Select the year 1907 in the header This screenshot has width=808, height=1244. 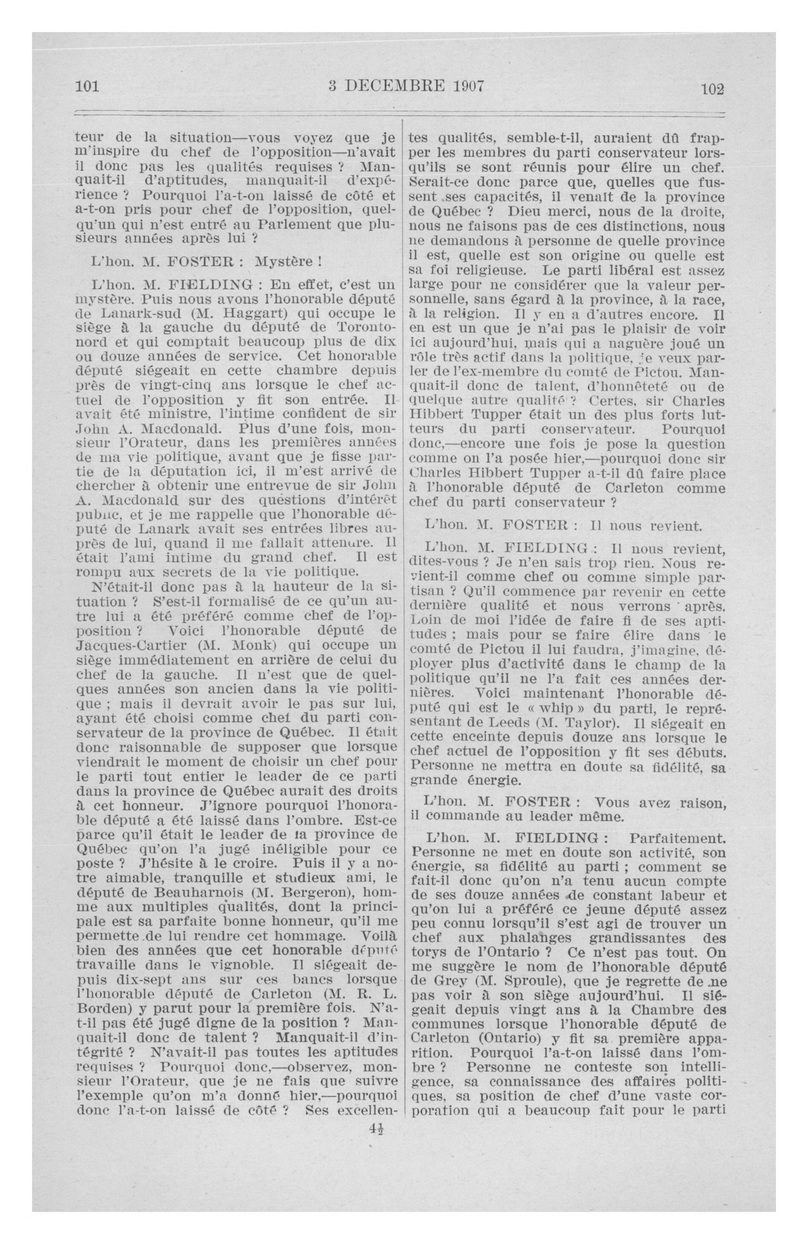tap(460, 85)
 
